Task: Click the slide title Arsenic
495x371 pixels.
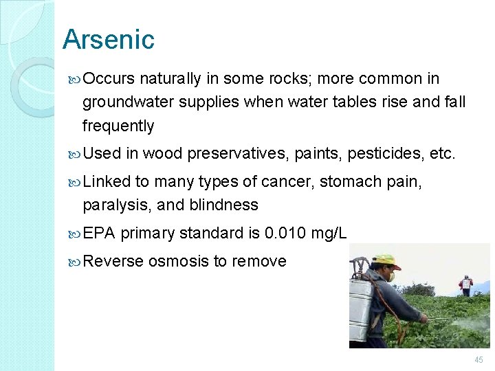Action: pyautogui.click(x=109, y=39)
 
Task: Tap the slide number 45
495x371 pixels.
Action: pyautogui.click(x=478, y=360)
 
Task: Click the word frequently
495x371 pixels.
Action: pyautogui.click(x=118, y=126)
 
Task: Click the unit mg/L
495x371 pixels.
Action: pyautogui.click(x=329, y=234)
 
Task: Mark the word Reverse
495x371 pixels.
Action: pyautogui.click(x=113, y=261)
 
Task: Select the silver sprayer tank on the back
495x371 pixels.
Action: pyautogui.click(x=361, y=302)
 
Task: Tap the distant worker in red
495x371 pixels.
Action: pyautogui.click(x=465, y=283)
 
